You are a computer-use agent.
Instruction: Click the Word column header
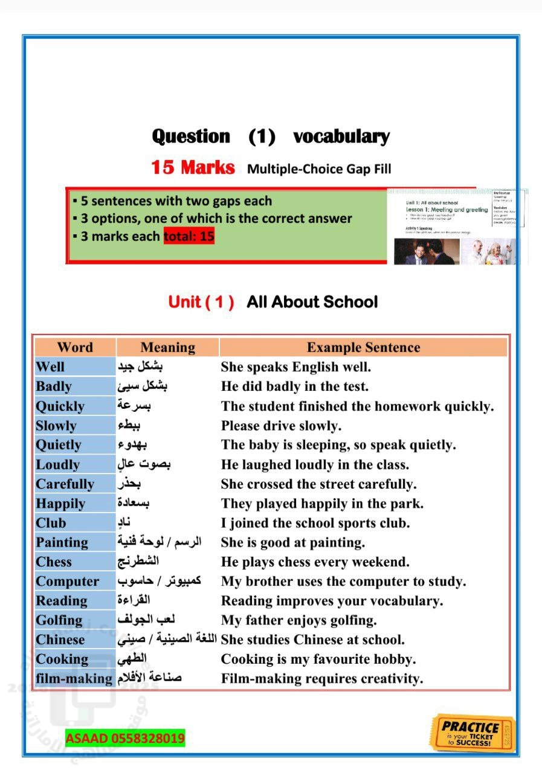[x=75, y=347]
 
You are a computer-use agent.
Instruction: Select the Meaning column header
[x=167, y=347]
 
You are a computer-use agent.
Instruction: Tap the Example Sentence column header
[x=363, y=347]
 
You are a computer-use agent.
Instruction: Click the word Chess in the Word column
[x=54, y=562]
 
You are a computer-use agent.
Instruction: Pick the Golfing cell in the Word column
[x=59, y=620]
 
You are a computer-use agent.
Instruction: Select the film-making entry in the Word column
[x=74, y=679]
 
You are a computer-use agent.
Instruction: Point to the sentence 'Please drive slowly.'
[x=281, y=426]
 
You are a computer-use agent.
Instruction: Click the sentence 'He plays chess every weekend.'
[x=315, y=562]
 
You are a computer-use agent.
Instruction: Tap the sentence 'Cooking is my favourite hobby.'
[x=318, y=659]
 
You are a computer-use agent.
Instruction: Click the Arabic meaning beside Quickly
[x=135, y=406]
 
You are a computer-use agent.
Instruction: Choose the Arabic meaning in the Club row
[x=125, y=522]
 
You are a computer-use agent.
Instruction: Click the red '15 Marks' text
[x=193, y=167]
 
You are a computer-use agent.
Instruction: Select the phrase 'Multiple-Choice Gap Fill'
[x=319, y=168]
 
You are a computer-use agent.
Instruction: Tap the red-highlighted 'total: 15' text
[x=189, y=236]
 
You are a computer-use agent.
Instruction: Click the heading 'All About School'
[x=312, y=302]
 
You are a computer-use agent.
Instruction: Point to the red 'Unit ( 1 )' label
[x=201, y=302]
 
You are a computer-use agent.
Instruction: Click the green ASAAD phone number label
[x=125, y=738]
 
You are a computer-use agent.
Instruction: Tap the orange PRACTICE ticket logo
[x=473, y=732]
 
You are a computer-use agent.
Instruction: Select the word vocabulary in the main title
[x=341, y=136]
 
